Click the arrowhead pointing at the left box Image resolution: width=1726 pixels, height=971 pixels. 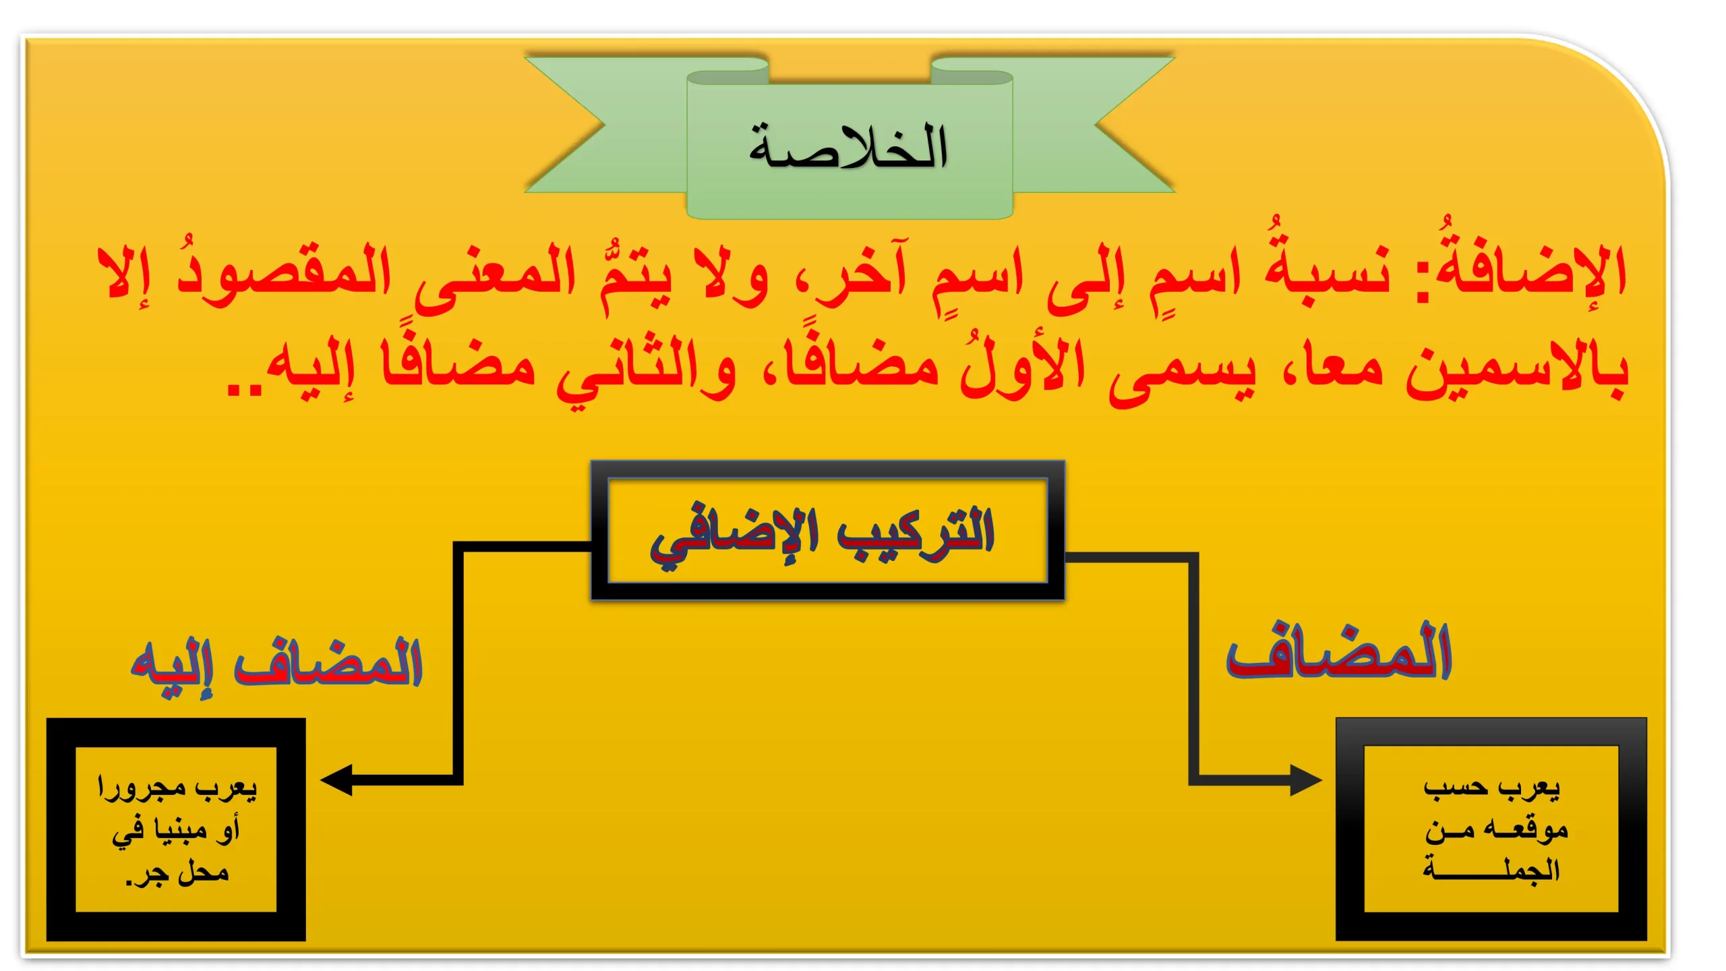point(336,780)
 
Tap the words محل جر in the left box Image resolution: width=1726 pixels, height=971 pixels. point(178,874)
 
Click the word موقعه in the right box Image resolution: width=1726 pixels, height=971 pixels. point(1530,829)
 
